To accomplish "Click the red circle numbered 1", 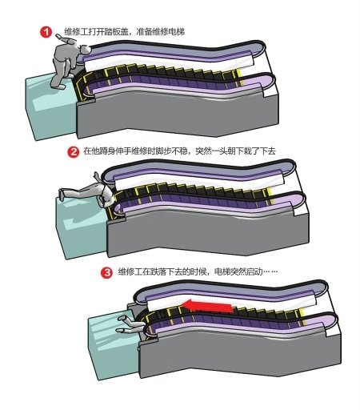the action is coord(46,32).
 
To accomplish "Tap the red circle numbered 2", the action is coord(74,152).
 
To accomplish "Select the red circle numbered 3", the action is coord(106,273).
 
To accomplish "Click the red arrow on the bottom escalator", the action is coord(207,306).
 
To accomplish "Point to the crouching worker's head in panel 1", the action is coord(86,50).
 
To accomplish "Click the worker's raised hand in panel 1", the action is coord(59,36).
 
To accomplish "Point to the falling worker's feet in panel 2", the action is coord(62,194).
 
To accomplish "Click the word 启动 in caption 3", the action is coord(254,272).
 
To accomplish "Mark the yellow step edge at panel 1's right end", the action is coord(239,78).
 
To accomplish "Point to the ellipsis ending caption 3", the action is coord(270,272).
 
